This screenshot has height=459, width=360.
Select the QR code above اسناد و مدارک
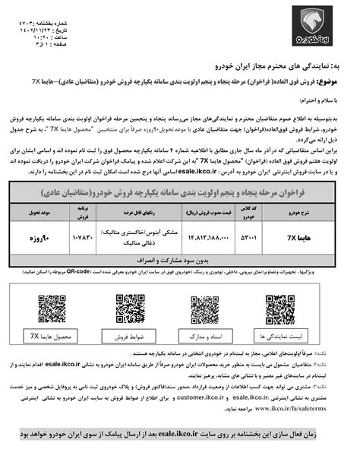point(205,309)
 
